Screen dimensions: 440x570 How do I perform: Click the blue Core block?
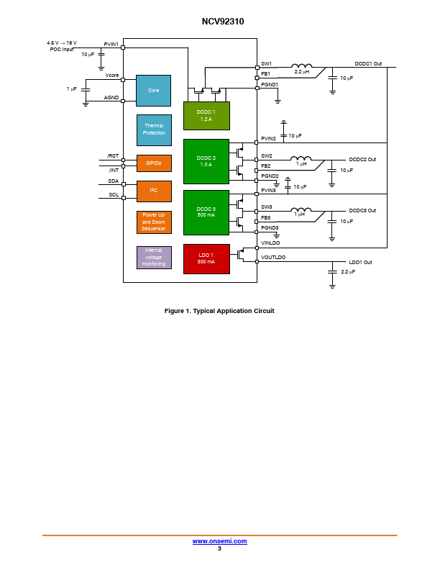pos(153,91)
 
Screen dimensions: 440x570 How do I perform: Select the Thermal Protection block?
pos(154,130)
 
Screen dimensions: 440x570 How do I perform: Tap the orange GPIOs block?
pos(154,163)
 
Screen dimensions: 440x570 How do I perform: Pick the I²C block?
pos(154,191)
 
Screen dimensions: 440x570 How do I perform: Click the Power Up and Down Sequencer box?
pos(154,222)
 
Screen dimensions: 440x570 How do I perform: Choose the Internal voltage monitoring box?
pos(154,258)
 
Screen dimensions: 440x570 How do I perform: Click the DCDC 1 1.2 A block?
pos(206,116)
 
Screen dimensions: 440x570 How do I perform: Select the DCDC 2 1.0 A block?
pos(206,161)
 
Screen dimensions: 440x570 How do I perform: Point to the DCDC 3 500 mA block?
pos(206,212)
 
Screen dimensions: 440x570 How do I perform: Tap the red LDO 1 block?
pos(206,259)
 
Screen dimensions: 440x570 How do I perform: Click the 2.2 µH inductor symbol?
pos(301,65)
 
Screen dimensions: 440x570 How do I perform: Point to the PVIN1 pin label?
pos(111,45)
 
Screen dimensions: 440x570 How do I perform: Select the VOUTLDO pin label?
pos(273,258)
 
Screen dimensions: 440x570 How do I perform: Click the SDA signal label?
pos(114,181)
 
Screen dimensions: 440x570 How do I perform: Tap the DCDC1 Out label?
pos(368,63)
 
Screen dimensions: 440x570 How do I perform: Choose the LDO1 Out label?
pos(360,262)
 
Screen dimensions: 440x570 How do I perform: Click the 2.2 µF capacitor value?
pos(348,272)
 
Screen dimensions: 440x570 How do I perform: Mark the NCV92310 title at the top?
pos(223,22)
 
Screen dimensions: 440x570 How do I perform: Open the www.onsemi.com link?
pos(219,541)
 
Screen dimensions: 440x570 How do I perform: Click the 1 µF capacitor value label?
pos(71,89)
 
